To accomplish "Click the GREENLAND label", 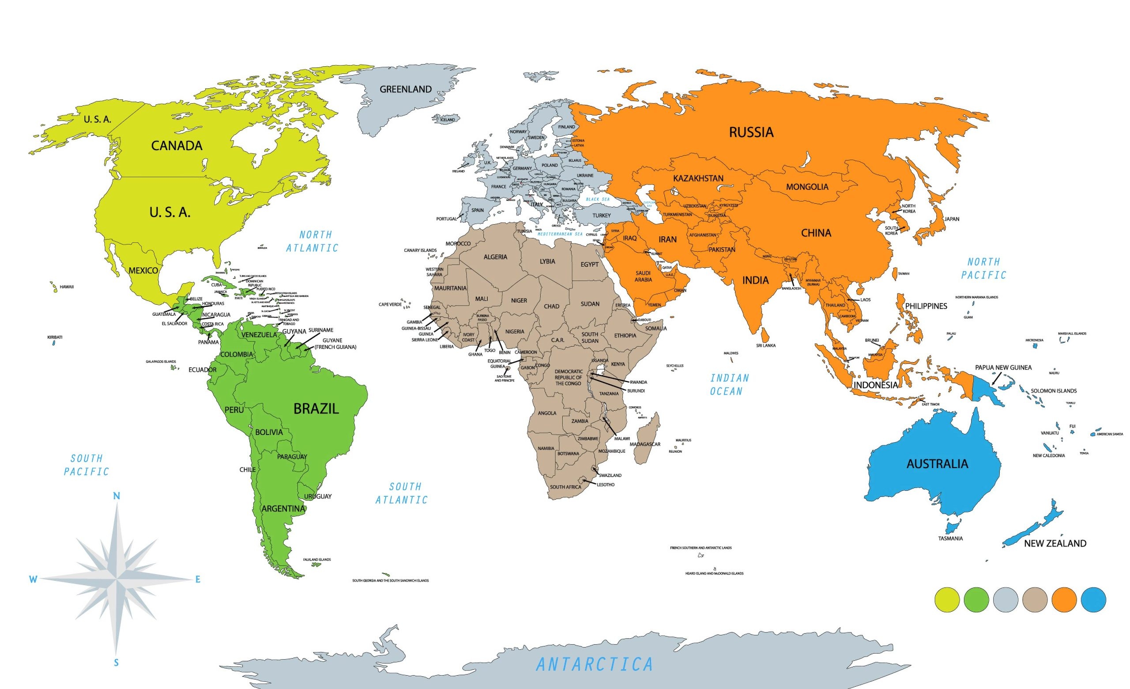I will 405,90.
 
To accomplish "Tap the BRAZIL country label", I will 316,409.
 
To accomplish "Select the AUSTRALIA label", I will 937,464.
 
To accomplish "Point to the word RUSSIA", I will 751,132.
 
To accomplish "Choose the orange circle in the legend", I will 1064,599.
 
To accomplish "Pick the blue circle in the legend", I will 1093,599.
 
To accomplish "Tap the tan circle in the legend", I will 1035,599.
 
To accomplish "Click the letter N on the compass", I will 117,496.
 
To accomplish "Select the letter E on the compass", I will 198,579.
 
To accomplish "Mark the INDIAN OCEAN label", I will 729,384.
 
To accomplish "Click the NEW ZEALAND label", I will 1055,544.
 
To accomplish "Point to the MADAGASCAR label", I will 645,444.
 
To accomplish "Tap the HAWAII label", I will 67,287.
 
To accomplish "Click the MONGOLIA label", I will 807,187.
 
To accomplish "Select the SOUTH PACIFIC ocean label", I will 86,465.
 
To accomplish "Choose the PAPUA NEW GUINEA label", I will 1003,367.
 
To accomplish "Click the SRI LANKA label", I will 765,345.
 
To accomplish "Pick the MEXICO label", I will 143,271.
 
